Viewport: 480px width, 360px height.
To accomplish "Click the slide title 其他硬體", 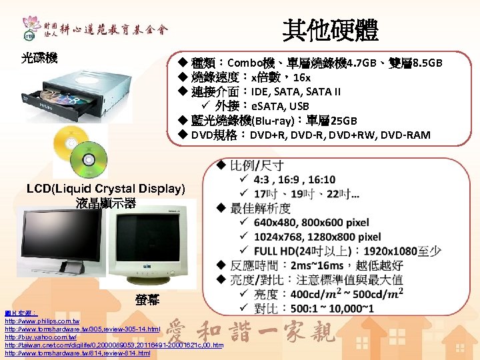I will pyautogui.click(x=330, y=29).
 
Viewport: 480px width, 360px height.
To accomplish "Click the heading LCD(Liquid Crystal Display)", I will pyautogui.click(x=106, y=189).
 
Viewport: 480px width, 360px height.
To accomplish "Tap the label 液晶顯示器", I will pyautogui.click(x=106, y=203).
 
